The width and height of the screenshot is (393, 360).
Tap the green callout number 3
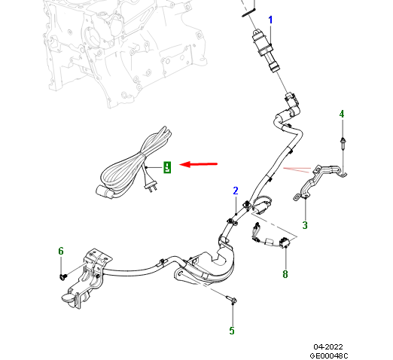[x=305, y=224]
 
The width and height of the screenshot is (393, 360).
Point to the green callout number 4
[x=341, y=114]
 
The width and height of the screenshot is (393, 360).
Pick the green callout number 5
[x=232, y=330]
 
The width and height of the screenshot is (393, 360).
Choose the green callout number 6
[x=61, y=251]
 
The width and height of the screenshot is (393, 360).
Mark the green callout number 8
[x=285, y=274]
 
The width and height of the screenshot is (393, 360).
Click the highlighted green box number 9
[x=167, y=167]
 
